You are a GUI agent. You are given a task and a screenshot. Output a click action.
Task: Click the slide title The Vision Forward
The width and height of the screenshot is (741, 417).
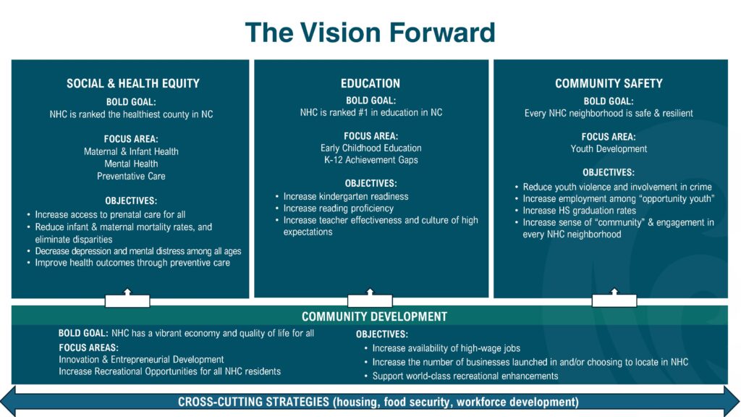(x=370, y=32)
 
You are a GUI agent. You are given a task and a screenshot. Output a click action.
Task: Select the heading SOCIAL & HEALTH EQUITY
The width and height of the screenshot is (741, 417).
(x=133, y=84)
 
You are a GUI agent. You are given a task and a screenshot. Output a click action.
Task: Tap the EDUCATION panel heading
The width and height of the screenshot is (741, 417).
(x=370, y=84)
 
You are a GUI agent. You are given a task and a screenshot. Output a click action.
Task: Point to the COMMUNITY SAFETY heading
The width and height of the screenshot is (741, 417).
(x=609, y=84)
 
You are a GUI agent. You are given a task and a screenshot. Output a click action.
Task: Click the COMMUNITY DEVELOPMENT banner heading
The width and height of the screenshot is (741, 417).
(x=374, y=316)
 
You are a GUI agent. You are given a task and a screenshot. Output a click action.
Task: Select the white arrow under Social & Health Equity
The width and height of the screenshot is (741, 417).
(x=127, y=299)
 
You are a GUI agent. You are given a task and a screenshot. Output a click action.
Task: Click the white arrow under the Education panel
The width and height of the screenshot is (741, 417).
(x=370, y=298)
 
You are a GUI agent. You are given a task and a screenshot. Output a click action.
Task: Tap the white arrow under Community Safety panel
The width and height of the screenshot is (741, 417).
(x=614, y=298)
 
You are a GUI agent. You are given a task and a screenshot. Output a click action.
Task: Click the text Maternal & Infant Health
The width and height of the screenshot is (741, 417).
(x=132, y=152)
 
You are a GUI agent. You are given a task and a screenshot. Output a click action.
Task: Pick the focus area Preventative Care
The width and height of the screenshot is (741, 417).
(x=132, y=177)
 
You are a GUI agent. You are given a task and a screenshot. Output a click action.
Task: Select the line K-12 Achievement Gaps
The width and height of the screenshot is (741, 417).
(x=371, y=160)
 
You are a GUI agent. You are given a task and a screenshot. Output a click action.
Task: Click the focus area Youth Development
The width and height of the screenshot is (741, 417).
(x=609, y=149)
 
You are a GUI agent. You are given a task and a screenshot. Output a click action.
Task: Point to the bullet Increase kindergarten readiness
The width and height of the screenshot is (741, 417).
(x=345, y=197)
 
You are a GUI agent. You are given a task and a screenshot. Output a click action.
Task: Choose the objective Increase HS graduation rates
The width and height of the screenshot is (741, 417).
(x=579, y=211)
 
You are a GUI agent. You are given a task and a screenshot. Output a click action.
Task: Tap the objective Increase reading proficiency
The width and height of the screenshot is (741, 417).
(x=339, y=208)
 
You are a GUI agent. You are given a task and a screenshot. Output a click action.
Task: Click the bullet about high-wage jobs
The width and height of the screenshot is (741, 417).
(x=446, y=348)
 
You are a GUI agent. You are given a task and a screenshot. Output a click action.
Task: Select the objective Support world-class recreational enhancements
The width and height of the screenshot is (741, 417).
(x=465, y=376)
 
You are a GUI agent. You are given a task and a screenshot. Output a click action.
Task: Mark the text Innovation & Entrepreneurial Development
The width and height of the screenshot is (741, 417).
(x=141, y=360)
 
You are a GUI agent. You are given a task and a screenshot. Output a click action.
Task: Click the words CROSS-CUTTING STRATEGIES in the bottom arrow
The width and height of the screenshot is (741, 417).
(x=253, y=403)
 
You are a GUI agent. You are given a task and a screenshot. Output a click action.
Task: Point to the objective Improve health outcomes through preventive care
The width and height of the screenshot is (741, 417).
(x=132, y=263)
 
